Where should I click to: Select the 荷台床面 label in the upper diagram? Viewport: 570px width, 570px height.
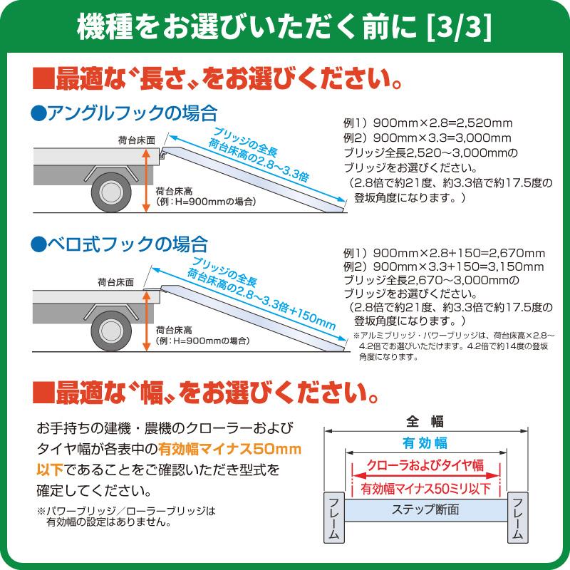pyautogui.click(x=136, y=140)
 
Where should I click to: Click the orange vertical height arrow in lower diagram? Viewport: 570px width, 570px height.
pyautogui.click(x=147, y=316)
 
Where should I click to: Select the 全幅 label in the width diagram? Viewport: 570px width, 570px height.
pyautogui.click(x=425, y=420)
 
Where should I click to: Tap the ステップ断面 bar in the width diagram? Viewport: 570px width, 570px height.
pyautogui.click(x=425, y=510)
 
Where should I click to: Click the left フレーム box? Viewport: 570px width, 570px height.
pyautogui.click(x=335, y=515)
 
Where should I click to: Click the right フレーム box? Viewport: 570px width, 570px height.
pyautogui.click(x=517, y=515)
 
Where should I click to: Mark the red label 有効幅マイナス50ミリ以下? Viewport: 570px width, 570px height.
pyautogui.click(x=425, y=489)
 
